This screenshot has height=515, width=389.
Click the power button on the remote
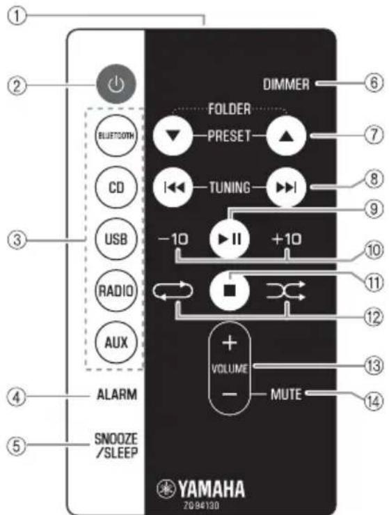pyautogui.click(x=116, y=86)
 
